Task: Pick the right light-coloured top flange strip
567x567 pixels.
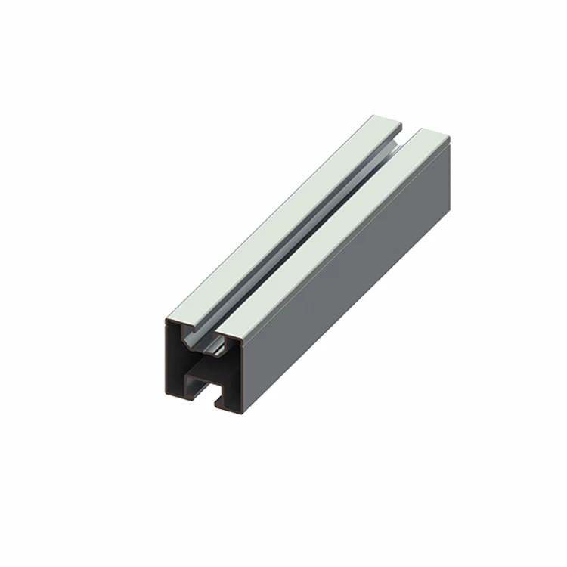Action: pos(340,234)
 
